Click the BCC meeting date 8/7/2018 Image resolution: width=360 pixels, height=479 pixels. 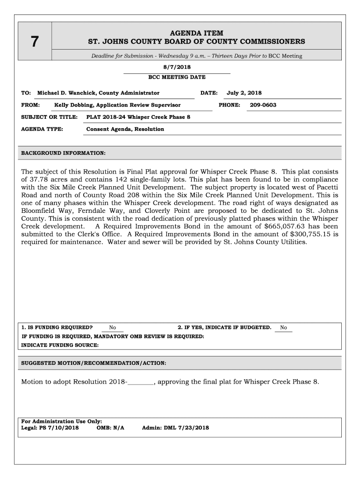click(177, 67)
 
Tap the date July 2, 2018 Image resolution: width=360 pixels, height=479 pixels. click(244, 93)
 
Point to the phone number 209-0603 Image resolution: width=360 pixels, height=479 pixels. click(263, 105)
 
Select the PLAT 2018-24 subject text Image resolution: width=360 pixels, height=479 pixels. click(138, 117)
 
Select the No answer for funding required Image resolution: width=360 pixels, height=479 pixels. click(113, 328)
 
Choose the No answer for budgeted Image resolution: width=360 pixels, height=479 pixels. click(283, 328)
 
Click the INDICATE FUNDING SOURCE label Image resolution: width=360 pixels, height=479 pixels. click(60, 345)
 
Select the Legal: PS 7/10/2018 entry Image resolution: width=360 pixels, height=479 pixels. click(50, 428)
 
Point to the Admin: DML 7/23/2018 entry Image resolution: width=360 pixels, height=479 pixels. click(175, 428)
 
